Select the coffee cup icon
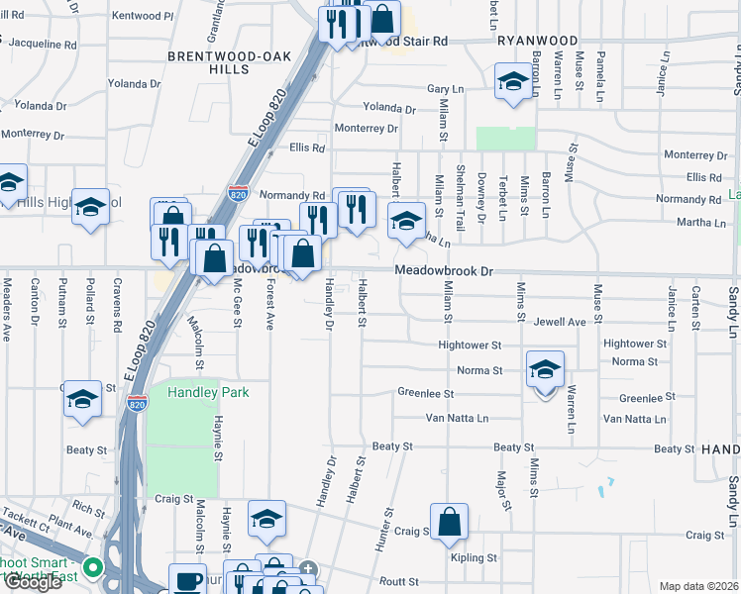click(x=187, y=581)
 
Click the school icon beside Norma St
click(x=544, y=370)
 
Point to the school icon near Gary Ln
click(x=512, y=82)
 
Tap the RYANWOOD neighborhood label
click(x=536, y=40)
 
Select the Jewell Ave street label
click(x=560, y=322)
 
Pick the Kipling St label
click(x=473, y=558)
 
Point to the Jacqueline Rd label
click(x=41, y=45)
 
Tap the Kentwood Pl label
click(x=143, y=16)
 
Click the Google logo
click(x=33, y=582)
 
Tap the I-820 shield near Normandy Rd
click(x=238, y=190)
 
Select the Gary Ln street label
click(x=446, y=89)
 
